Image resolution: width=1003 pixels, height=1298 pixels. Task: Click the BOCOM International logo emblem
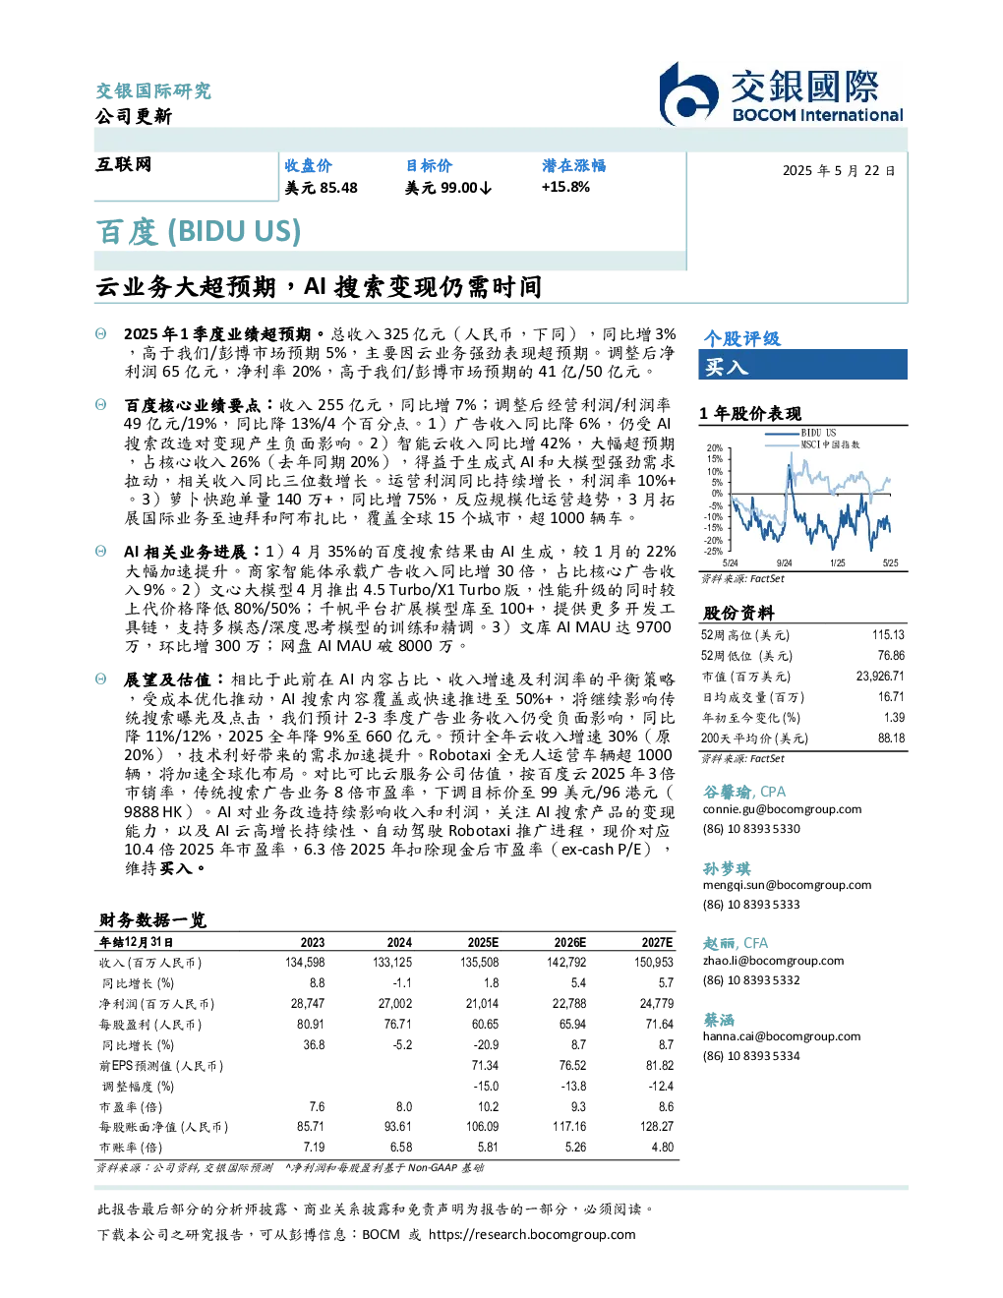click(x=688, y=93)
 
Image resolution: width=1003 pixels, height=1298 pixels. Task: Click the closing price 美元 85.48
click(x=321, y=188)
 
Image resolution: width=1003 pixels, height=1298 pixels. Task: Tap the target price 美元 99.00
click(x=448, y=188)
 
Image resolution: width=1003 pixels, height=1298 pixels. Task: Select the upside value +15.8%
click(x=565, y=187)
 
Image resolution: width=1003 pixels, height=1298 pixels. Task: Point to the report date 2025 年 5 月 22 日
click(x=839, y=171)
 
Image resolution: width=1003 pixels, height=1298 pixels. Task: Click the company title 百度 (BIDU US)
click(x=199, y=231)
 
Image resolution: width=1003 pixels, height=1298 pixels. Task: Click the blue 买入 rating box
click(x=802, y=365)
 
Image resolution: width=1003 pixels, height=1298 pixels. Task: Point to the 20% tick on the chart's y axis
click(x=715, y=448)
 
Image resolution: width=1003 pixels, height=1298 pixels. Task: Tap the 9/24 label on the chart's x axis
click(x=784, y=562)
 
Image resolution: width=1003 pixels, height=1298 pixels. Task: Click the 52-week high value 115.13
click(x=888, y=635)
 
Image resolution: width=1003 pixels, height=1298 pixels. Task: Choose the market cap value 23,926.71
click(x=880, y=677)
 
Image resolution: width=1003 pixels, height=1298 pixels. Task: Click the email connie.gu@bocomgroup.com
click(x=782, y=809)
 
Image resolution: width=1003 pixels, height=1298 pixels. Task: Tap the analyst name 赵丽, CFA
click(x=736, y=943)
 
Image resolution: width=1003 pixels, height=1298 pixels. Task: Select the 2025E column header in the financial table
click(x=483, y=943)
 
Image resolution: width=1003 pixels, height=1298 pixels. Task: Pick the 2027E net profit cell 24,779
click(x=656, y=1004)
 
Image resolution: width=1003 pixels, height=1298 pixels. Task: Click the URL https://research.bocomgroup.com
click(x=532, y=1235)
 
